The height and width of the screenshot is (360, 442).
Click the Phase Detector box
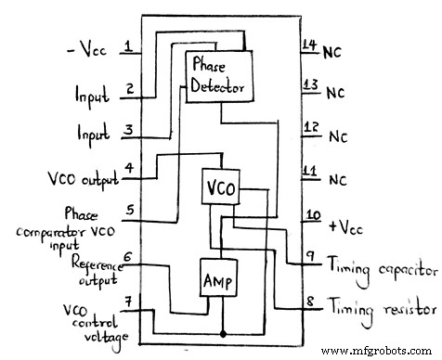[218, 75]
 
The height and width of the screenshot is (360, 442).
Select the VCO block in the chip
[222, 187]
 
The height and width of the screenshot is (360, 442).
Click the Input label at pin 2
[92, 94]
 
